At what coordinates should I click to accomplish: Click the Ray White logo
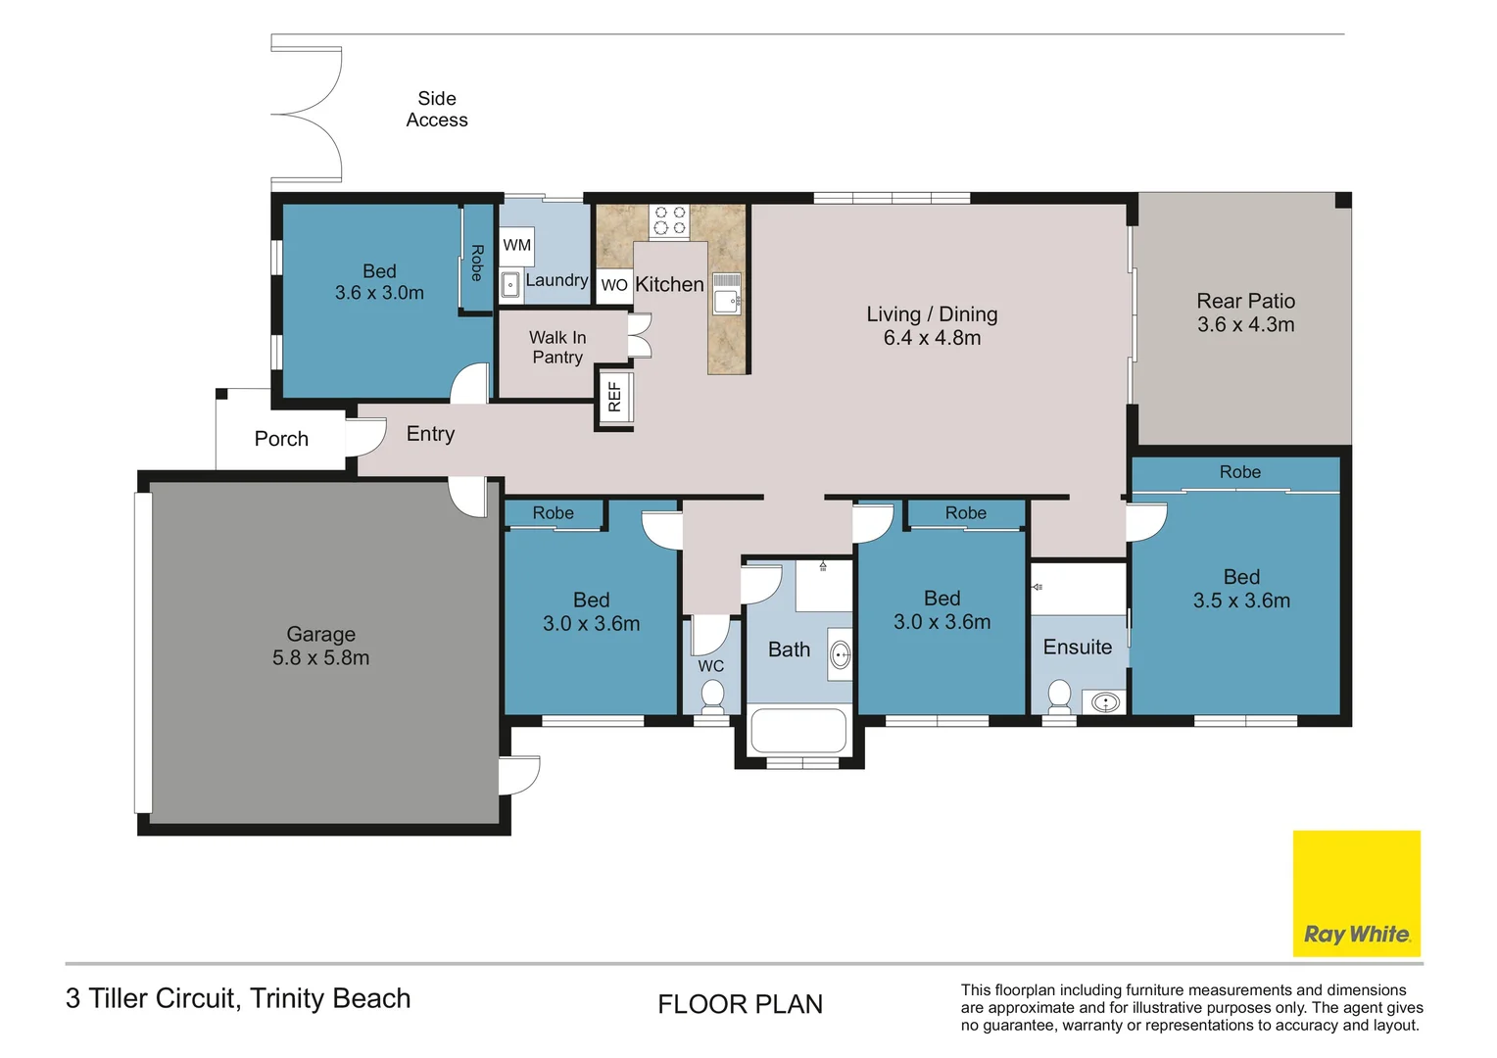tap(1356, 893)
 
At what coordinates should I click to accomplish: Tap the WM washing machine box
tap(516, 245)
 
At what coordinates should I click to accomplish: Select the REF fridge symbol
tap(615, 397)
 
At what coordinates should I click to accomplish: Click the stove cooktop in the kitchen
tap(669, 220)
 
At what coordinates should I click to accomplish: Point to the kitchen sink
tap(726, 294)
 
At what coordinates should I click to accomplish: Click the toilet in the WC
tap(712, 696)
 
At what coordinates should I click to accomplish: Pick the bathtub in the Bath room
tap(797, 731)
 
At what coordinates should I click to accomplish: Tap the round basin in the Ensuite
tap(1105, 702)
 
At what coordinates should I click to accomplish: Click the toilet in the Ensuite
tap(1059, 697)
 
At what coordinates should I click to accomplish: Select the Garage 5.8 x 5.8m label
tap(320, 647)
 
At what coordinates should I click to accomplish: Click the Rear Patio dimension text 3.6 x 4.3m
tap(1245, 325)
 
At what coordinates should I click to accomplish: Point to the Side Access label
tap(437, 109)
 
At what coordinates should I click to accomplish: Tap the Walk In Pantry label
tap(557, 347)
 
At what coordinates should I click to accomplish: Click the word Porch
tap(281, 439)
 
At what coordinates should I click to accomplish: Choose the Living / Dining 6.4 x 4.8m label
tap(932, 326)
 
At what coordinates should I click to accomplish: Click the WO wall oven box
tap(614, 284)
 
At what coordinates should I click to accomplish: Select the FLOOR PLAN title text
tap(740, 1004)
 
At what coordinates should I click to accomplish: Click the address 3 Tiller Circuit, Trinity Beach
tap(238, 998)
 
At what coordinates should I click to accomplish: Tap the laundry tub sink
tap(510, 285)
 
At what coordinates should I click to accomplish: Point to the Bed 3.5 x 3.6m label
tap(1241, 589)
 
